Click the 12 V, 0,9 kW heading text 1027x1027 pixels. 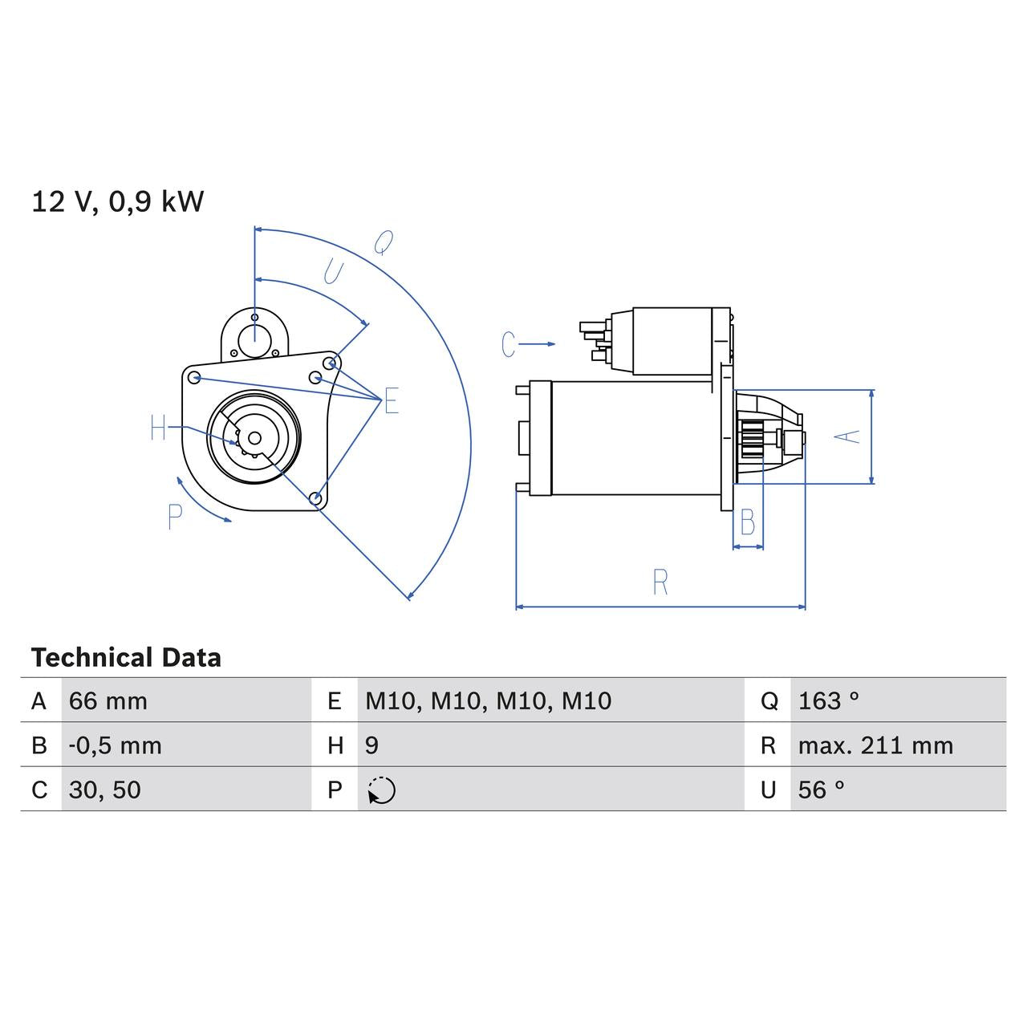(118, 201)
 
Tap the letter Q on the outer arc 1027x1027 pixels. (384, 242)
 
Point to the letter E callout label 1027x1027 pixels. (391, 400)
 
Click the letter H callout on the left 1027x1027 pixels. (158, 428)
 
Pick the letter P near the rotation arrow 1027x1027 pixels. (175, 518)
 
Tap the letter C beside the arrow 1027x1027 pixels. (508, 344)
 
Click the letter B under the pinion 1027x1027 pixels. (747, 523)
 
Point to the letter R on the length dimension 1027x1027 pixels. (660, 583)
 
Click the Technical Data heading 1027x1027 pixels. (126, 658)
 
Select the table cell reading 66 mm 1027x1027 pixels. (108, 701)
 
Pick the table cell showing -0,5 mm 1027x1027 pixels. (116, 745)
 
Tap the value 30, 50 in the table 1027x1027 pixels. (105, 790)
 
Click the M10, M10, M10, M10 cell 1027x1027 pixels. (488, 701)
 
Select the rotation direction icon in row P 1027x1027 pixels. (381, 790)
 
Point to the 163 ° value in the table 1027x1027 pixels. (828, 701)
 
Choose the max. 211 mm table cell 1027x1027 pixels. (875, 745)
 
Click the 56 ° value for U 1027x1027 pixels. (821, 790)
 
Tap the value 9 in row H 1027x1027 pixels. (371, 745)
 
